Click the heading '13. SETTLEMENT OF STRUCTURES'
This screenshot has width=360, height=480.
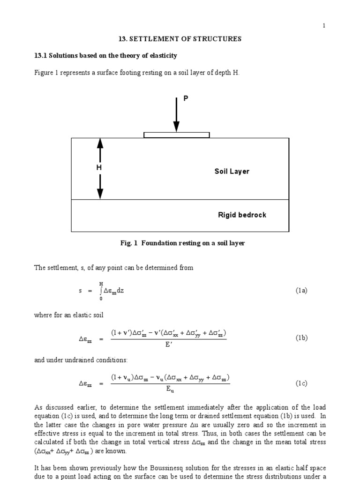pos(180,39)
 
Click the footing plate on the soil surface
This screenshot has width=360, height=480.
pos(176,135)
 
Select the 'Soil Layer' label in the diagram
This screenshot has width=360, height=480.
pos(232,172)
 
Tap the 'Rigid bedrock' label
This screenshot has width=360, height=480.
pos(242,215)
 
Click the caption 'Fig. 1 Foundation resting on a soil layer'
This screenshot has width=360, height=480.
pos(183,243)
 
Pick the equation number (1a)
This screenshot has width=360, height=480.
pos(301,291)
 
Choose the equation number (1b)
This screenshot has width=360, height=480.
pos(301,337)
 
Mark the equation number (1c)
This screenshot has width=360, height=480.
pos(301,383)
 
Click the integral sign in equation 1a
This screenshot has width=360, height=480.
pos(101,291)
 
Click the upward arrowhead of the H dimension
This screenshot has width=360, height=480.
pos(100,143)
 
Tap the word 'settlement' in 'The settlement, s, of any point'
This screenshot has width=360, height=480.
pos(60,268)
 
